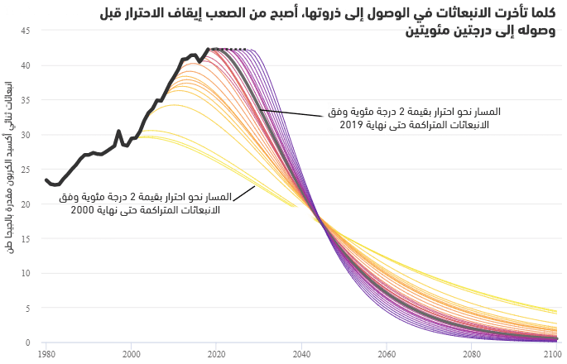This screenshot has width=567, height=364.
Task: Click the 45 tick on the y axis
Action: [26, 31]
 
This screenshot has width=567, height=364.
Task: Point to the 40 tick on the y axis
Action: [26, 65]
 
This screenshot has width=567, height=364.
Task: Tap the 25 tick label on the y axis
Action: [26, 169]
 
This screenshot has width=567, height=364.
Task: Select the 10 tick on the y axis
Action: [26, 273]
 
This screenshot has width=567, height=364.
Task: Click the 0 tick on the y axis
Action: [28, 342]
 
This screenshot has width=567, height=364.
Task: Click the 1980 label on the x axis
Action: [46, 354]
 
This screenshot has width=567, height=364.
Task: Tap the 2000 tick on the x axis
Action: [131, 354]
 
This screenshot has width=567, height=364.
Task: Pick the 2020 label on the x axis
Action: [216, 354]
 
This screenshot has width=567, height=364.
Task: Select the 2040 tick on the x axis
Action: [301, 354]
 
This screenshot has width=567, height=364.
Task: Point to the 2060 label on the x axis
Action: [387, 354]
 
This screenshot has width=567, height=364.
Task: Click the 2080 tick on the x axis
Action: [472, 354]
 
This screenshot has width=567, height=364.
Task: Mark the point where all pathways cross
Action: [318, 218]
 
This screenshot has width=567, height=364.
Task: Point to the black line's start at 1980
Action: [46, 180]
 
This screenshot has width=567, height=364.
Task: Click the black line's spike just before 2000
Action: [118, 132]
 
